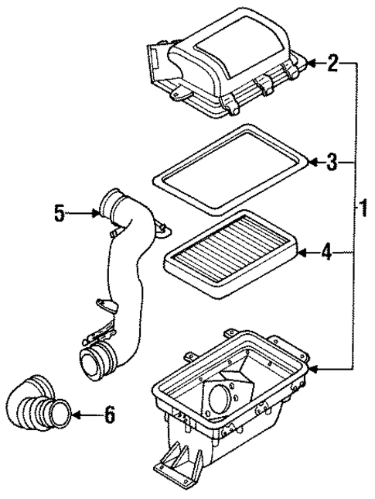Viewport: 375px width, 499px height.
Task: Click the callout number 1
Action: tap(361, 208)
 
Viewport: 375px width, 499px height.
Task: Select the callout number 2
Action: tap(332, 63)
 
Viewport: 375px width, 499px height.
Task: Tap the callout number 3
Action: tap(332, 162)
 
